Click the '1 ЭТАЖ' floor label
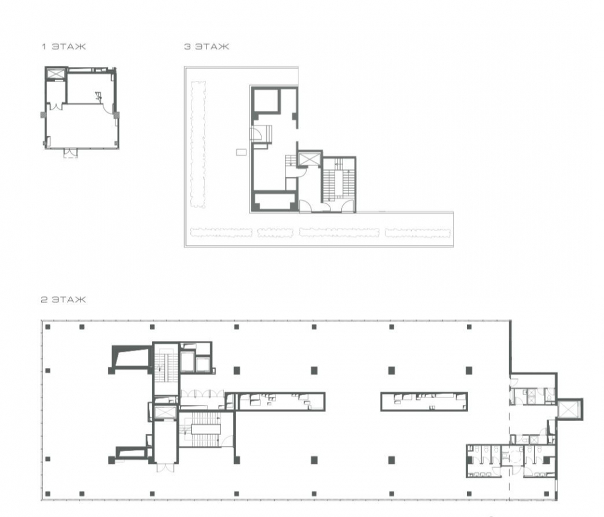64,46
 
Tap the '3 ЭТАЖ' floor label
207,46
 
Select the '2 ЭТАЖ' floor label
63,299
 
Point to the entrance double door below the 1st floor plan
71,153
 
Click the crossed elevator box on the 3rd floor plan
309,159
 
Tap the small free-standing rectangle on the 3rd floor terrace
241,153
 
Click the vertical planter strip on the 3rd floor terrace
198,145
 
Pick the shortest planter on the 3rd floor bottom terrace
275,232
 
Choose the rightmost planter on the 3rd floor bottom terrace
417,233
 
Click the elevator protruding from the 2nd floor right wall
569,408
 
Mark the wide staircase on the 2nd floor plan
206,430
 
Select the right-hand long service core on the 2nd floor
424,402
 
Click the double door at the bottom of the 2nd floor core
165,468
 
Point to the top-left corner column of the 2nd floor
48,327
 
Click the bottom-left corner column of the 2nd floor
48,493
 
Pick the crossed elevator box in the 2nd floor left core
165,413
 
